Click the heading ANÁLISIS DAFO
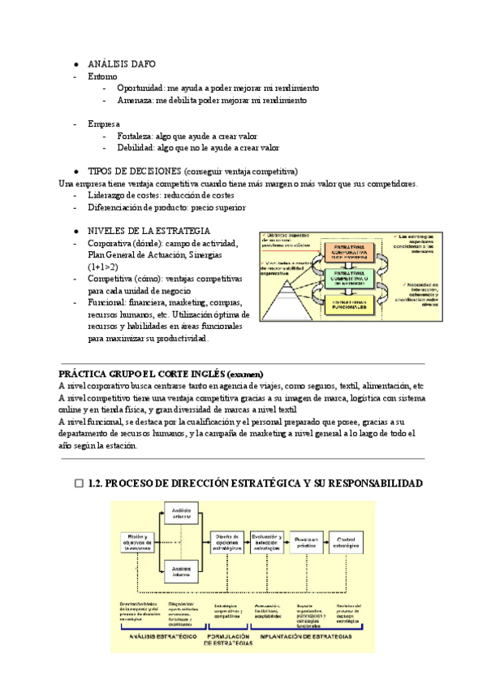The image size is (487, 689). pyautogui.click(x=122, y=63)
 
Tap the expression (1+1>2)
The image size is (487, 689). pyautogui.click(x=102, y=266)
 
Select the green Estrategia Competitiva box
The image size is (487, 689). pyautogui.click(x=349, y=276)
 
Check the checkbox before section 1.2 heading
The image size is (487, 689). pyautogui.click(x=79, y=483)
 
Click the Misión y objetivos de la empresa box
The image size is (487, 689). pyautogui.click(x=137, y=542)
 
